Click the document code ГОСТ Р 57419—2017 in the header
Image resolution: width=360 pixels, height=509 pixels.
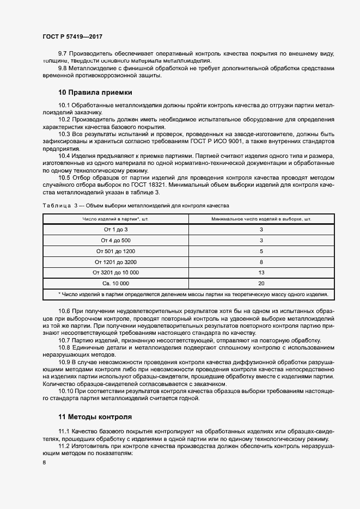coord(72,36)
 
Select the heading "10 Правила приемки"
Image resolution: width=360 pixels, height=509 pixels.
coord(95,93)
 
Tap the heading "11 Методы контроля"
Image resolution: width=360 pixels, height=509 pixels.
coord(95,417)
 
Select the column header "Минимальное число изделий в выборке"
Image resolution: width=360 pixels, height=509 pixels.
coord(261,219)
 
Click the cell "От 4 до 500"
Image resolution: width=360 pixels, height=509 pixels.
coord(115,240)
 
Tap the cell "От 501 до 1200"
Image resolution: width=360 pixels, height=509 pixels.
coord(115,251)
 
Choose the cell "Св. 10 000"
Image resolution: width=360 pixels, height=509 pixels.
coord(115,284)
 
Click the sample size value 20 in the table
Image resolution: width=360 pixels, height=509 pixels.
coord(261,284)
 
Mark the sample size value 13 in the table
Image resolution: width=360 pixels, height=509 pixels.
coord(261,273)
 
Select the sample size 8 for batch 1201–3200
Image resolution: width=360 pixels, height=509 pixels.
coord(261,262)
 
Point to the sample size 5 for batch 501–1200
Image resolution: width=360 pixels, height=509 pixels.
coord(261,251)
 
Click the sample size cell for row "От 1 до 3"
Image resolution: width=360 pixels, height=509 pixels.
coord(261,230)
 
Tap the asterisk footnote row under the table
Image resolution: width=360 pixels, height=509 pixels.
coord(188,295)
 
